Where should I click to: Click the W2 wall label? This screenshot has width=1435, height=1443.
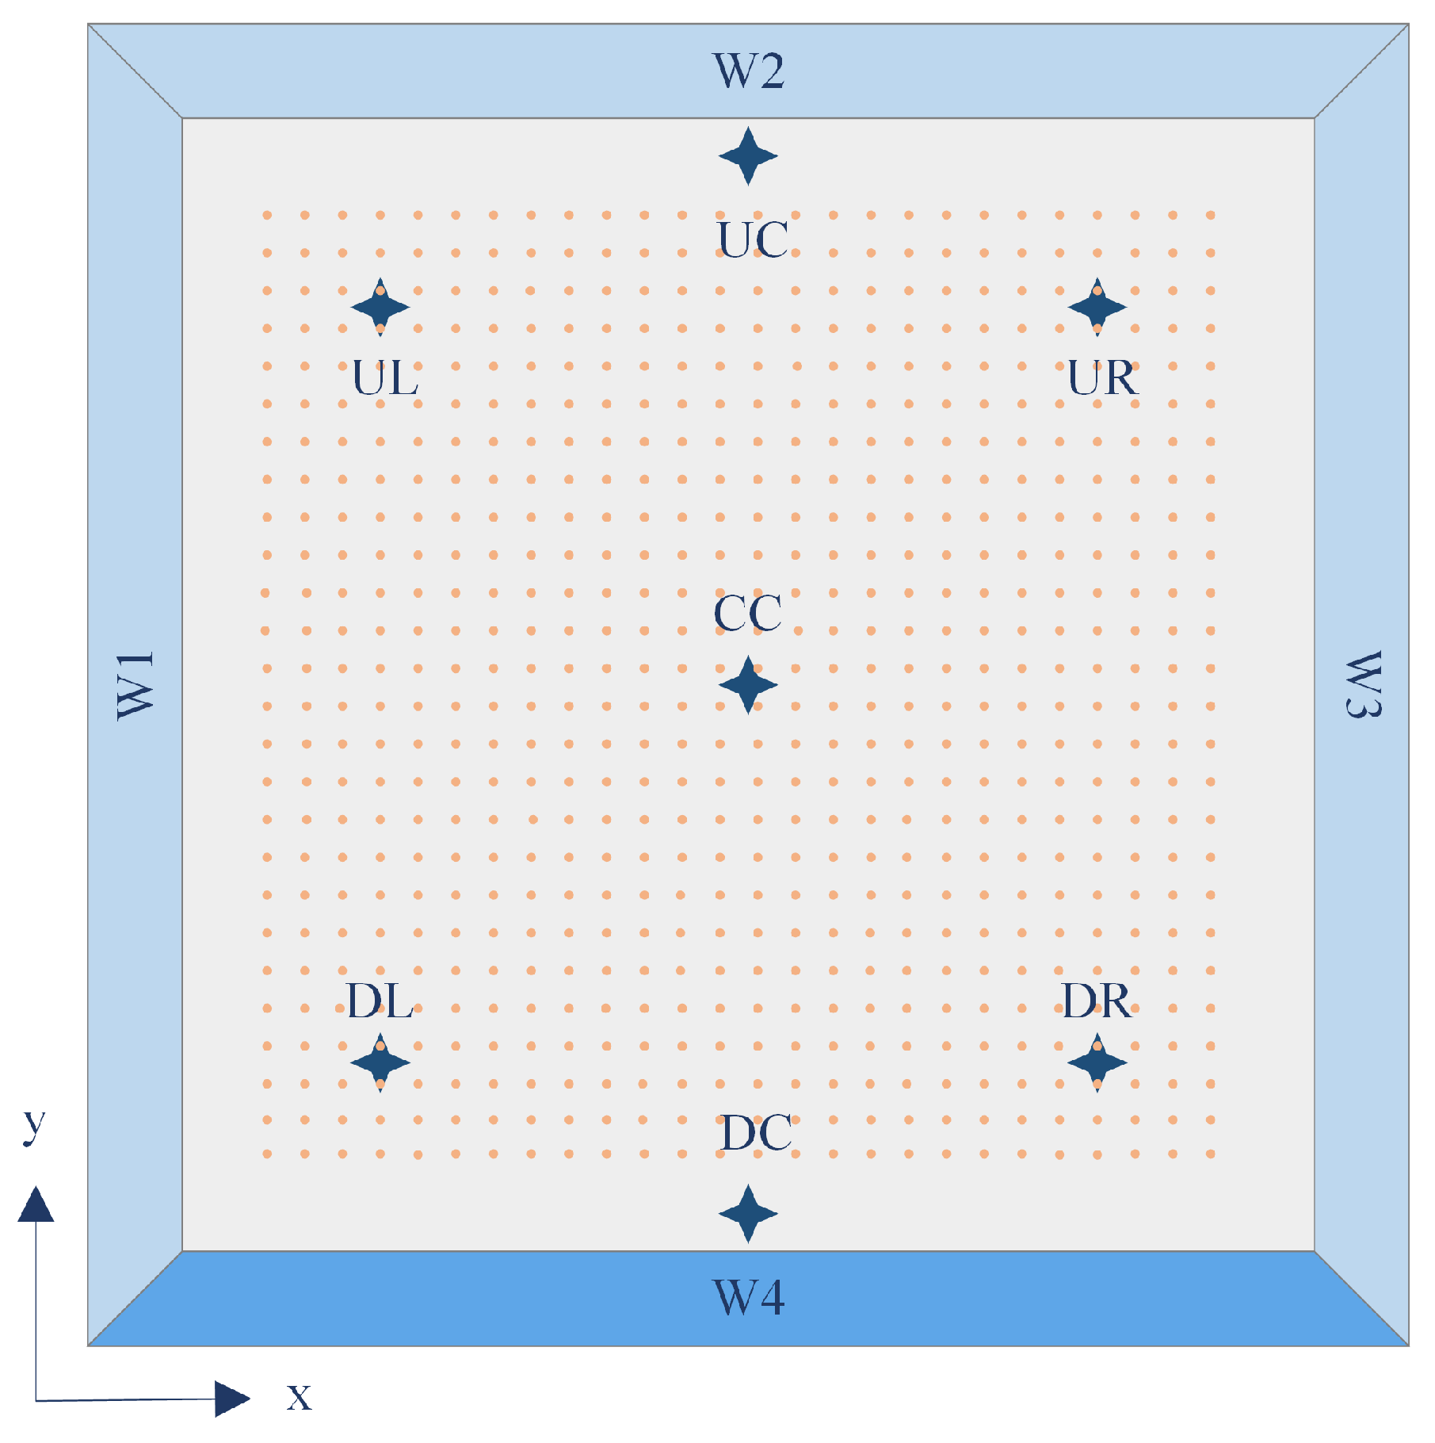pyautogui.click(x=749, y=71)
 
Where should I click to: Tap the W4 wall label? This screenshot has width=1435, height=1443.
pyautogui.click(x=749, y=1298)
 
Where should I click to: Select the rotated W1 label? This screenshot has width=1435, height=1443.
pyautogui.click(x=135, y=686)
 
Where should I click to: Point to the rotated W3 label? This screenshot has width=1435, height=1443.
pyautogui.click(x=1363, y=685)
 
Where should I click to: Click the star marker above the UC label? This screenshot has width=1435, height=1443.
pyautogui.click(x=748, y=156)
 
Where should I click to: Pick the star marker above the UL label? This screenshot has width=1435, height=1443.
pyautogui.click(x=380, y=307)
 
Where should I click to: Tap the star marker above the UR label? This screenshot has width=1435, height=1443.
pyautogui.click(x=1097, y=307)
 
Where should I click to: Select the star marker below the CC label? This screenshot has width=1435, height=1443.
pyautogui.click(x=748, y=685)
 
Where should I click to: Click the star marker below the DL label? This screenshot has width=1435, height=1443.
pyautogui.click(x=380, y=1062)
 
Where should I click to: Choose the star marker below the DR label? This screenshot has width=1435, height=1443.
pyautogui.click(x=1097, y=1062)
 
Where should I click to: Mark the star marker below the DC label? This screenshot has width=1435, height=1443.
pyautogui.click(x=748, y=1213)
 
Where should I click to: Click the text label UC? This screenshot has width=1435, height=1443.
pyautogui.click(x=753, y=239)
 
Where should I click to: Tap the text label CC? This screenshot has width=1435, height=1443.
pyautogui.click(x=747, y=613)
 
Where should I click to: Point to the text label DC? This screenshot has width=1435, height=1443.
pyautogui.click(x=756, y=1133)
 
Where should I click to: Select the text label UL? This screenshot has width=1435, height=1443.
pyautogui.click(x=385, y=378)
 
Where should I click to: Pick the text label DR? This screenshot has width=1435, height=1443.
pyautogui.click(x=1097, y=1001)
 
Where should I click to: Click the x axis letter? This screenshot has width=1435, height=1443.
pyautogui.click(x=300, y=1397)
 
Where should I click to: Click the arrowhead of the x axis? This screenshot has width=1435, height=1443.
pyautogui.click(x=231, y=1399)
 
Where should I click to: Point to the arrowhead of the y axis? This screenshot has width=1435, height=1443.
pyautogui.click(x=36, y=1205)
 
